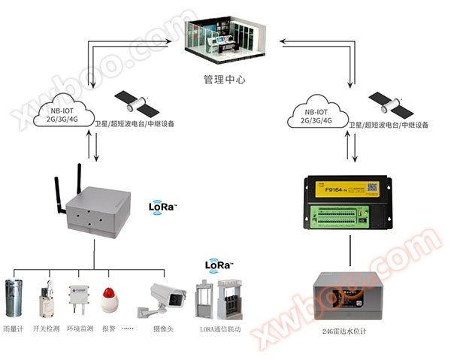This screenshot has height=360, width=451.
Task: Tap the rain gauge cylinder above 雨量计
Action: (x=14, y=298)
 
